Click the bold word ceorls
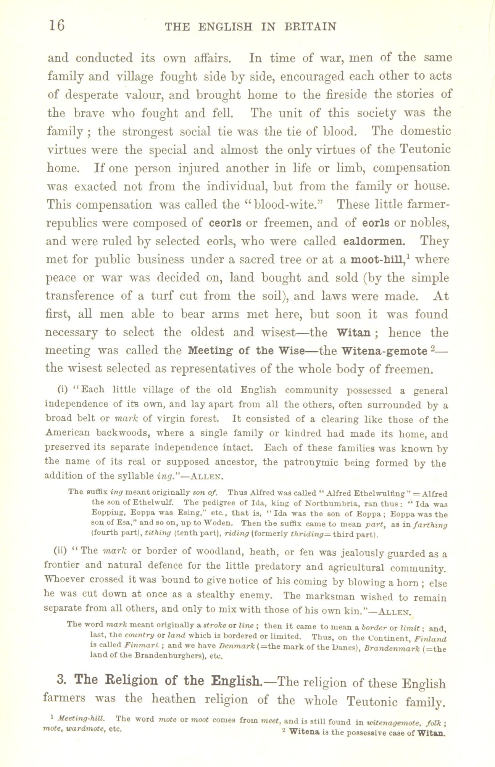pos(225,223)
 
